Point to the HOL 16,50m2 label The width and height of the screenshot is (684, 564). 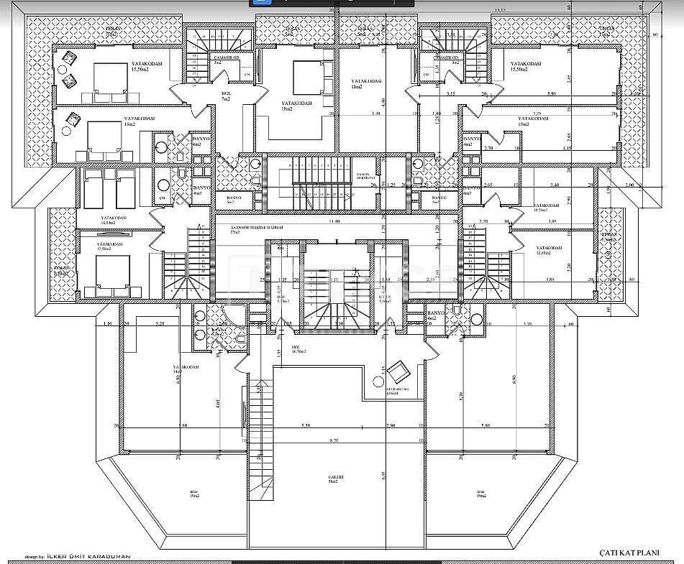299,350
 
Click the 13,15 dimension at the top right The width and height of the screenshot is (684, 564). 500,10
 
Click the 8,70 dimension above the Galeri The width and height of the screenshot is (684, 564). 333,439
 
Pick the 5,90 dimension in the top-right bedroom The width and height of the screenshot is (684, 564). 552,94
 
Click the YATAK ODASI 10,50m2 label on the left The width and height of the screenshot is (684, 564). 114,219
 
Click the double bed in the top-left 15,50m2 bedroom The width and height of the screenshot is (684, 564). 109,80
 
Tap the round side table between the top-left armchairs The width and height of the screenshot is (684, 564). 70,70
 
